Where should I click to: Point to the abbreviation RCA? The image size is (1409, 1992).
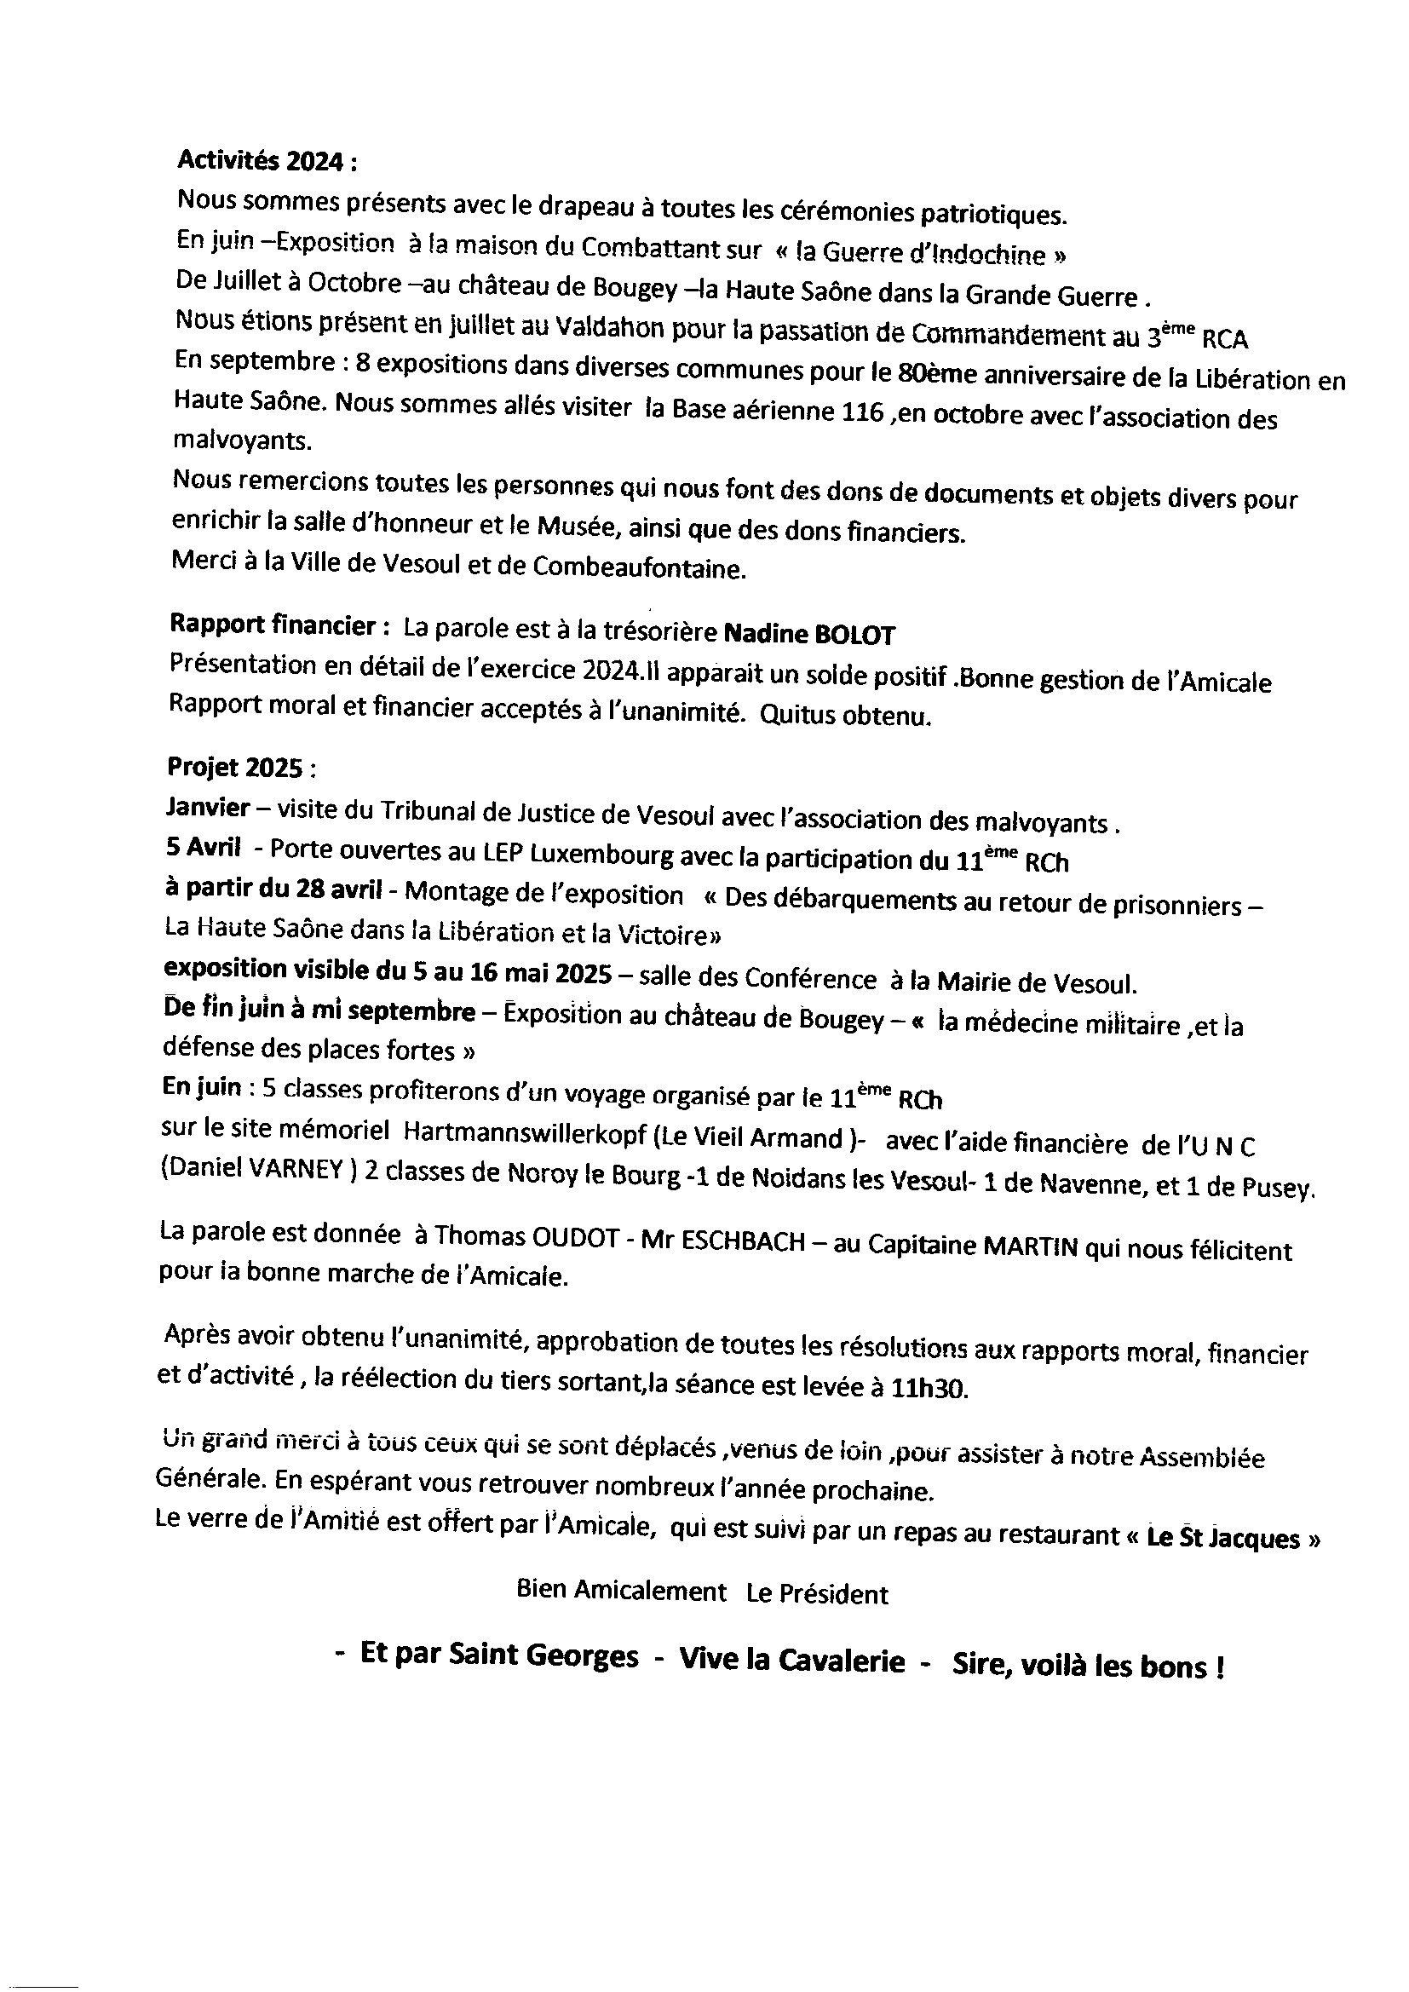tap(1225, 339)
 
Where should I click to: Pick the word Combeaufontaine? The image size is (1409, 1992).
tap(640, 568)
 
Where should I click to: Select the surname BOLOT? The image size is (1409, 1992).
tap(854, 635)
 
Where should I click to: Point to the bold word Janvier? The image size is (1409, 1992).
tap(207, 808)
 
